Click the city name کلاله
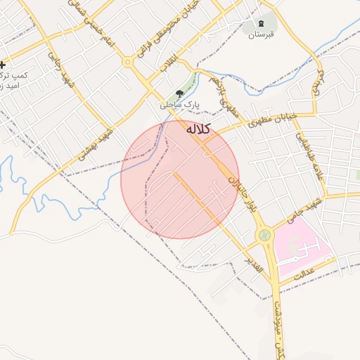click(x=198, y=129)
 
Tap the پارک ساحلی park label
click(x=179, y=104)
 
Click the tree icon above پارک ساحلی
click(x=179, y=94)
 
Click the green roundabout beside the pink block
click(x=264, y=235)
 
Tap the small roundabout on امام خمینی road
click(x=127, y=62)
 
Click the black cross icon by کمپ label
click(x=4, y=65)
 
